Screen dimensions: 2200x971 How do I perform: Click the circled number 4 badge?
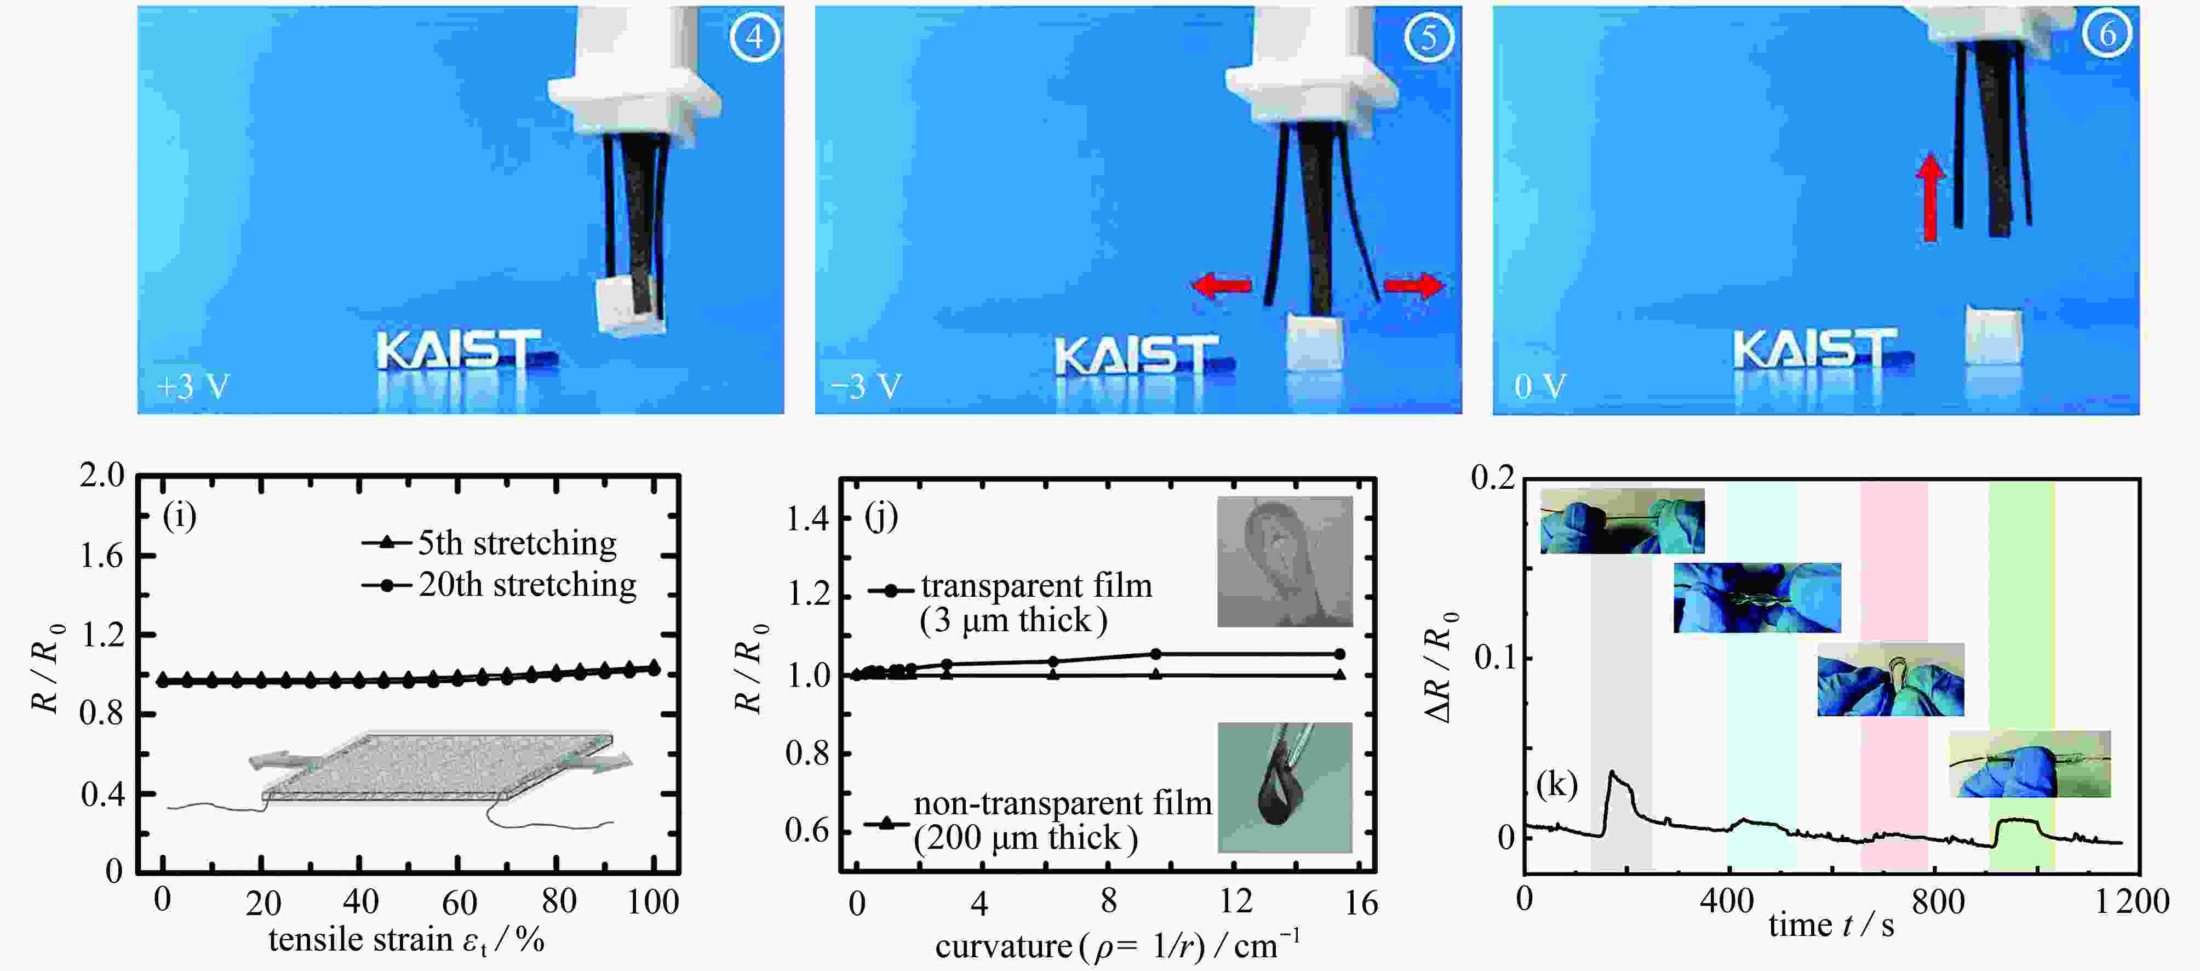point(755,37)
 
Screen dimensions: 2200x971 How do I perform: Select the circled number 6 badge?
point(2108,33)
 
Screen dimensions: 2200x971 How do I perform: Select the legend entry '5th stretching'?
point(489,543)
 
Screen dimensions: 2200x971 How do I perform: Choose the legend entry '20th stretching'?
point(500,585)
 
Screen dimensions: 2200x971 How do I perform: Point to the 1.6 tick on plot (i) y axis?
point(102,556)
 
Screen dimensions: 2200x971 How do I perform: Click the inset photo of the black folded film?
point(1285,787)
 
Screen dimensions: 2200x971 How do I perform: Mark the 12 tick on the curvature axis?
point(1236,902)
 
